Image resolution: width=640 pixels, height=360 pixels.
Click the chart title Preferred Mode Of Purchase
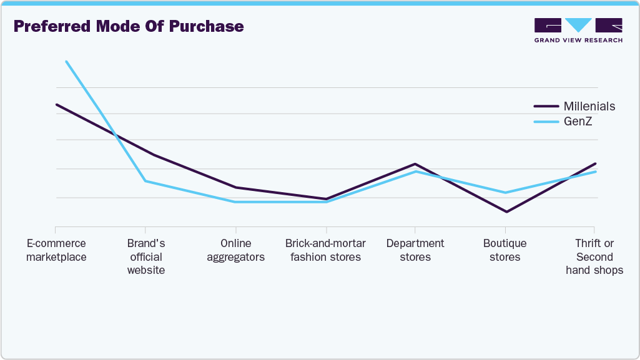pyautogui.click(x=129, y=27)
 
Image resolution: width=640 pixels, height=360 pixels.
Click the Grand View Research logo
pyautogui.click(x=578, y=30)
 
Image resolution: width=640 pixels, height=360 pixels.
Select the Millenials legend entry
pyautogui.click(x=589, y=106)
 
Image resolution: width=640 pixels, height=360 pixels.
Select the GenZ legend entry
pyautogui.click(x=578, y=122)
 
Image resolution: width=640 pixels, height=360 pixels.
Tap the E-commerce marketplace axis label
pyautogui.click(x=56, y=250)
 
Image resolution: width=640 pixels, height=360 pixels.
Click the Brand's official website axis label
pyautogui.click(x=145, y=256)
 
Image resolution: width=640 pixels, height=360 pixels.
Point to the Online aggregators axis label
pyautogui.click(x=235, y=250)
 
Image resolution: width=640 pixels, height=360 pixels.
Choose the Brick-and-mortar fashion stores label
pyautogui.click(x=325, y=250)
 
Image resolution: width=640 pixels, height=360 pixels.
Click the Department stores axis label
pyautogui.click(x=415, y=250)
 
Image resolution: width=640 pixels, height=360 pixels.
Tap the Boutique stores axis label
pyautogui.click(x=505, y=250)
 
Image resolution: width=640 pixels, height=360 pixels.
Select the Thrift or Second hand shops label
pyautogui.click(x=594, y=256)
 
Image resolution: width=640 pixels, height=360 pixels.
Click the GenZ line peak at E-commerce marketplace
pyautogui.click(x=66, y=61)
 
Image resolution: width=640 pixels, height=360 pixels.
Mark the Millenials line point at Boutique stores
pyautogui.click(x=506, y=212)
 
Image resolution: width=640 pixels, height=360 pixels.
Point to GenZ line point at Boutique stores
pyautogui.click(x=506, y=193)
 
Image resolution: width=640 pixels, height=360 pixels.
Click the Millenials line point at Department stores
pyautogui.click(x=415, y=164)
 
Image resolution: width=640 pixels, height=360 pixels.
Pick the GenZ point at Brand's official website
pyautogui.click(x=145, y=181)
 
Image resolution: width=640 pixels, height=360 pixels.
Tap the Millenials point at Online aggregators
pyautogui.click(x=235, y=187)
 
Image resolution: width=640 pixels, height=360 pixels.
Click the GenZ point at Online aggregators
pyautogui.click(x=235, y=202)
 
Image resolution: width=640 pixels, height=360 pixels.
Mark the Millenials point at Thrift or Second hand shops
pyautogui.click(x=596, y=163)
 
